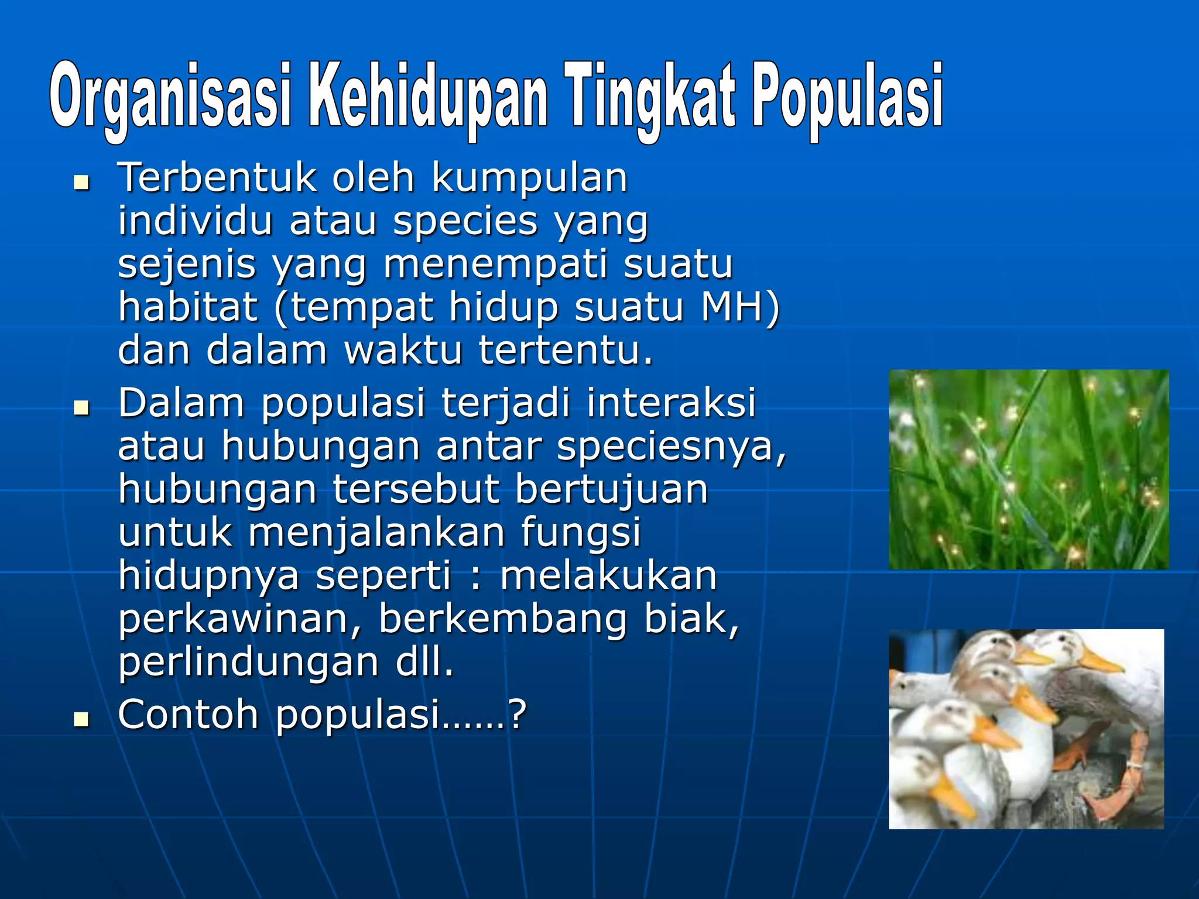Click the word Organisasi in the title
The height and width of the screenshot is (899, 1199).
click(x=170, y=97)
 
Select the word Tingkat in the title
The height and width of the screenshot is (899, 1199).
click(x=650, y=97)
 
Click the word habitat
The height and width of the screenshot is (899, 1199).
click(x=187, y=307)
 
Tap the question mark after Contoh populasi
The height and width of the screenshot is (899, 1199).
click(x=518, y=715)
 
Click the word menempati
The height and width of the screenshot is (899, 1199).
click(x=495, y=265)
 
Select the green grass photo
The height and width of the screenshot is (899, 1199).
click(x=1028, y=469)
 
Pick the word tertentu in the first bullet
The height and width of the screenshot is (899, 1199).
click(x=565, y=351)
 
